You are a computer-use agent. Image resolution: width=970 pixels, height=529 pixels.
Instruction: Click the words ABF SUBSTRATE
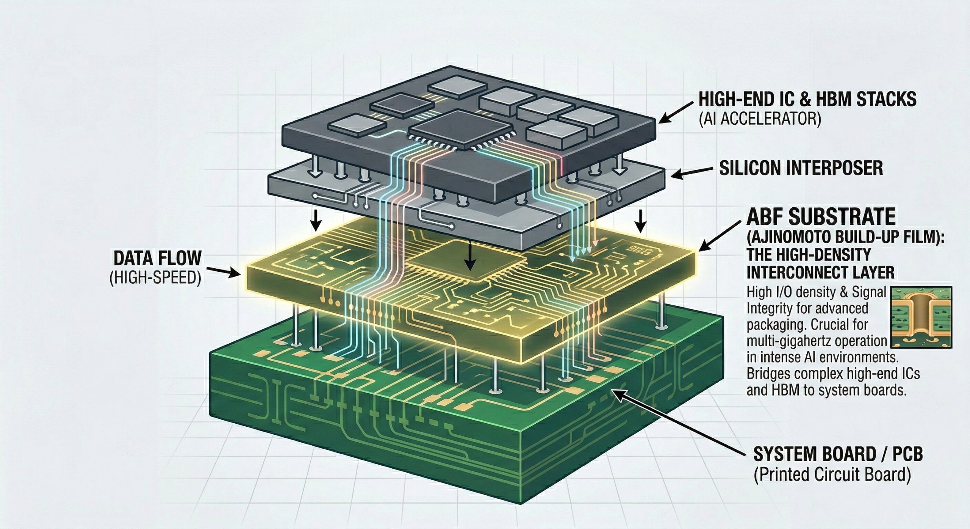tap(818, 218)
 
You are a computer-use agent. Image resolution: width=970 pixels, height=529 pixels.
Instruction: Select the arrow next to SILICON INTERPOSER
tap(693, 174)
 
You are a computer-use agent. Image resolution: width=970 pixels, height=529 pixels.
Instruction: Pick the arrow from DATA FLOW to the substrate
tap(224, 271)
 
